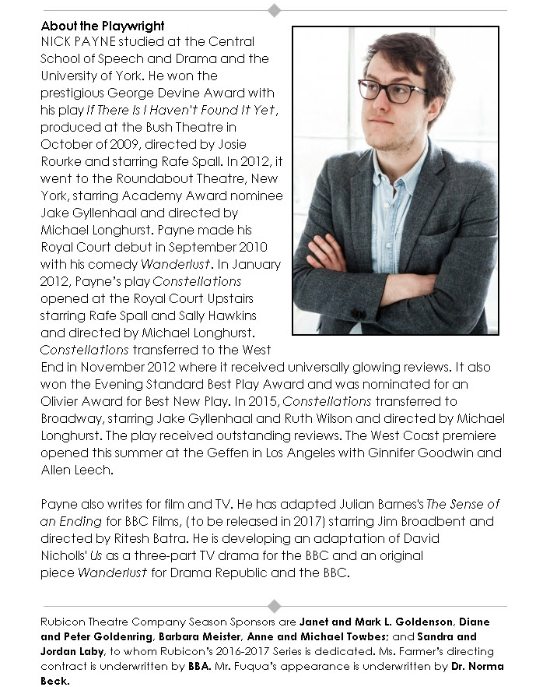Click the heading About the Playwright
point(103,26)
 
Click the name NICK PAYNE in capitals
point(75,41)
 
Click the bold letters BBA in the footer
point(199,666)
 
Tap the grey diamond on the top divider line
point(274,10)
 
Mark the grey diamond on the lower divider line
point(274,606)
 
